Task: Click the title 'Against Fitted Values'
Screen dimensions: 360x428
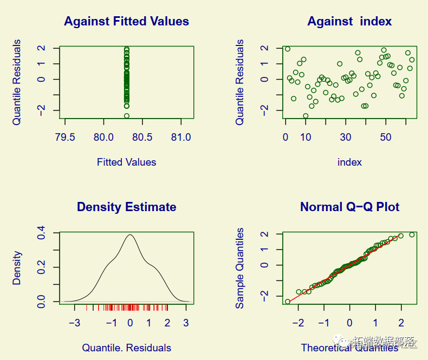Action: point(126,22)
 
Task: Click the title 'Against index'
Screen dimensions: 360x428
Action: point(349,22)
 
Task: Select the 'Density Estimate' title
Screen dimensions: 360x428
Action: point(126,207)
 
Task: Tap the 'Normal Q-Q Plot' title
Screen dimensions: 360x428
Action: point(349,207)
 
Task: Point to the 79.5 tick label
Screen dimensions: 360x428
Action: point(65,137)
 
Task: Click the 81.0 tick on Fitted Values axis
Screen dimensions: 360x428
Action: point(180,137)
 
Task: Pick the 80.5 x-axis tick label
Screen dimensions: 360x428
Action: point(142,137)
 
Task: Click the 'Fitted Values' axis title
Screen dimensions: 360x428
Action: point(126,162)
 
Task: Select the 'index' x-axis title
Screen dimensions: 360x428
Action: point(349,162)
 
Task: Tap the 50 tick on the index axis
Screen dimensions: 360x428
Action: point(386,137)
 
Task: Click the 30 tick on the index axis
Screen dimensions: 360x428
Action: point(346,137)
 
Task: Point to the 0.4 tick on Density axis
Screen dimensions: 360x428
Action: point(41,233)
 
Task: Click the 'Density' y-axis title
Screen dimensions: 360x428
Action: point(17,267)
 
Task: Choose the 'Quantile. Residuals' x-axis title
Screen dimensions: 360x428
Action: point(126,348)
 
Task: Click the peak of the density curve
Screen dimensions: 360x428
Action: point(130,235)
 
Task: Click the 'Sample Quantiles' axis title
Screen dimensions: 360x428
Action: point(240,267)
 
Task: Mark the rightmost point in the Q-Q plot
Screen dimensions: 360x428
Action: point(412,234)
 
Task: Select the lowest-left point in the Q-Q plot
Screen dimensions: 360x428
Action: point(287,302)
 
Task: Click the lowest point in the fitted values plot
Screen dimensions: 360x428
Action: point(126,116)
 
